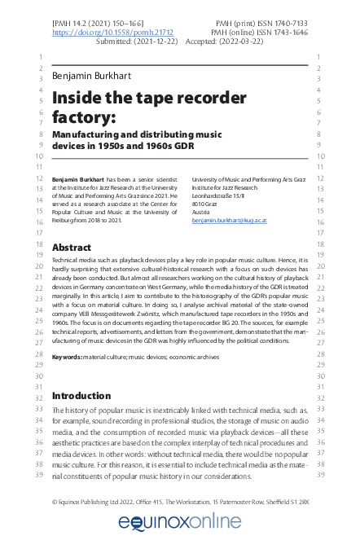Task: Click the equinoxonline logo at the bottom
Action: [180, 521]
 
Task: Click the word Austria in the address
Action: [202, 212]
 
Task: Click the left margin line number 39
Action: [37, 473]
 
